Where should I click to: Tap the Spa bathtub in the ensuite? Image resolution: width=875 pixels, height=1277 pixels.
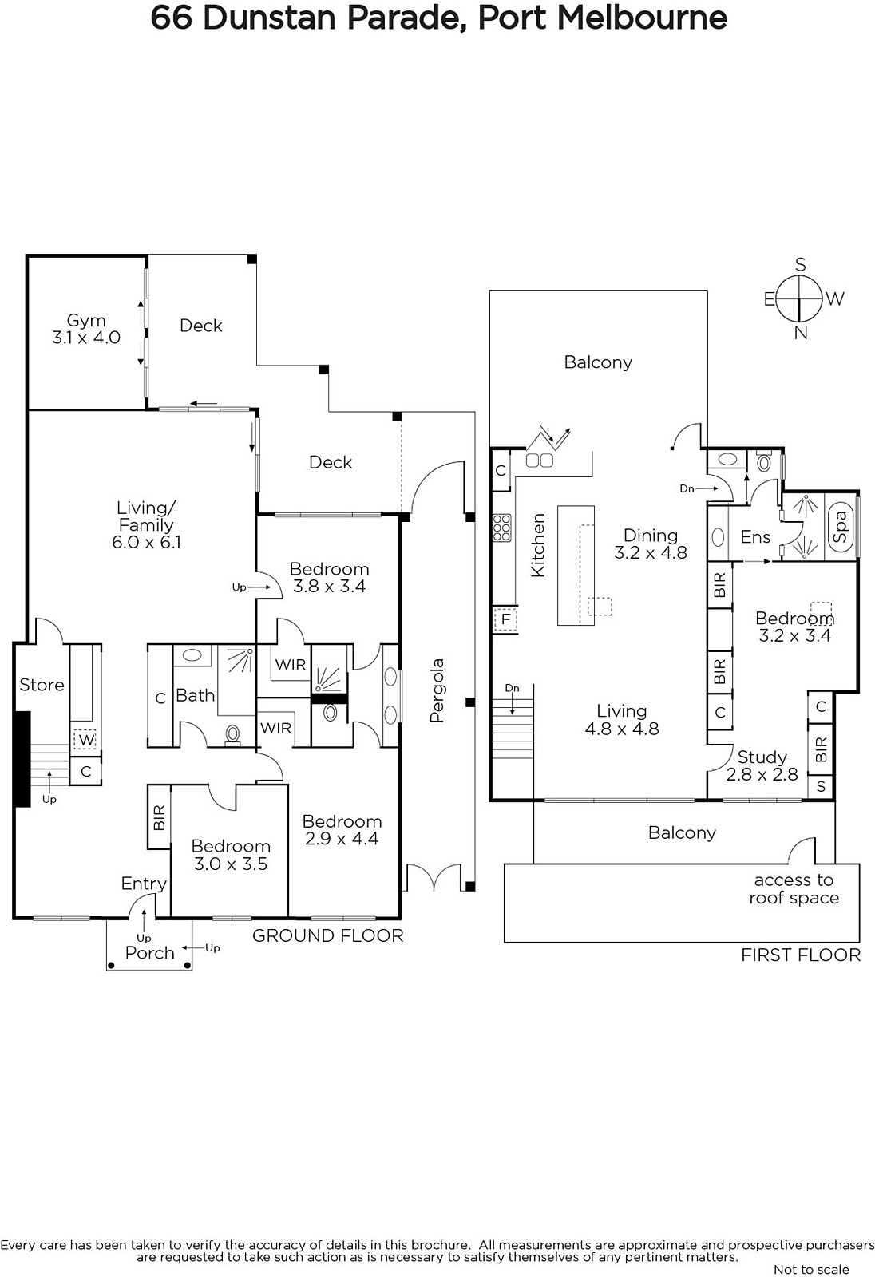[x=841, y=526]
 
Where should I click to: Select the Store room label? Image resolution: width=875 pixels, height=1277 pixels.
[x=42, y=685]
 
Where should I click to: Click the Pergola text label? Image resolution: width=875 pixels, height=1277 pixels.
[x=437, y=690]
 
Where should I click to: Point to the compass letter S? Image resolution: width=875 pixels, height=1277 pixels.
[x=800, y=264]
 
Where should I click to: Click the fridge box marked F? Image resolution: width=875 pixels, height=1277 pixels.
[x=505, y=619]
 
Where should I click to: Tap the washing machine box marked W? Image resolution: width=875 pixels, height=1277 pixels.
[x=86, y=740]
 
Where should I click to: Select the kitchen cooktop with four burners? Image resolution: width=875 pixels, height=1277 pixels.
[x=502, y=528]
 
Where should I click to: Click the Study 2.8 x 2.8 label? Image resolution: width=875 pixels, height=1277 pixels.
[x=762, y=765]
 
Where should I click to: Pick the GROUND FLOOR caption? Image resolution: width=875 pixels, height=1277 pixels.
[x=328, y=935]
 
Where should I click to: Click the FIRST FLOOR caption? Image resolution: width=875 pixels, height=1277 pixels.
[x=801, y=955]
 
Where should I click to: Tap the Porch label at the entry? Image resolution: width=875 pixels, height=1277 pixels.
[x=149, y=953]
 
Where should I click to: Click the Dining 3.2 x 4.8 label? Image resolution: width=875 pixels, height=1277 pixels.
[x=651, y=544]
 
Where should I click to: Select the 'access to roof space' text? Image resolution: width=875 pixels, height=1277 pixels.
[x=794, y=889]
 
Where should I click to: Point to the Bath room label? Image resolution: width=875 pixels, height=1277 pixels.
[x=195, y=695]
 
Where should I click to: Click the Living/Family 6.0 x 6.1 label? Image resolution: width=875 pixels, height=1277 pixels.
[x=147, y=525]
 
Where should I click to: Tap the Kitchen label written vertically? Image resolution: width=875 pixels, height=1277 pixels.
[x=538, y=545]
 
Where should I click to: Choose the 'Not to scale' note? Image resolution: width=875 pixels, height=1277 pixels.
[x=811, y=1270]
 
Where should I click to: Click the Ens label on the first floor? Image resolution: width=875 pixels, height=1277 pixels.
[x=755, y=536]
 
